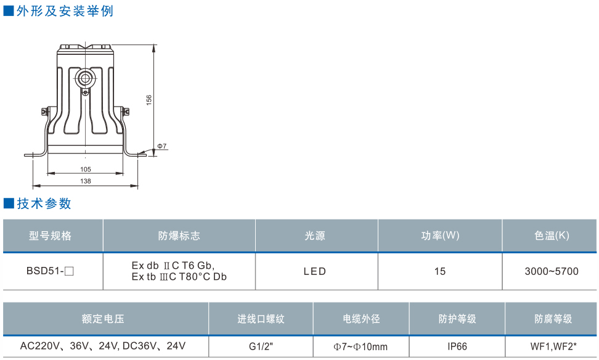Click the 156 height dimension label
pos(149,100)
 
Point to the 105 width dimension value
pos(86,170)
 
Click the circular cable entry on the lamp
pos(84,78)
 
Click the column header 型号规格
pos(51,236)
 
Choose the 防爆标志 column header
pos(179,236)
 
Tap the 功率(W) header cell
pos(440,236)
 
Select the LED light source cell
pos(315,271)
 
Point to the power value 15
pos(439,271)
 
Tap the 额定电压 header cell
pos(104,319)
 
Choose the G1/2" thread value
pos(261,346)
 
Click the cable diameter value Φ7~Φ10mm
pos(361,346)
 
